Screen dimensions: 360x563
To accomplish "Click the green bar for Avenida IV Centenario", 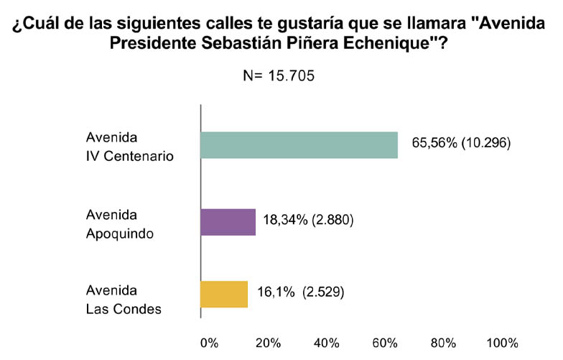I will click(299, 144).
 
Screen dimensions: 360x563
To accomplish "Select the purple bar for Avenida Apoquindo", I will click(228, 222).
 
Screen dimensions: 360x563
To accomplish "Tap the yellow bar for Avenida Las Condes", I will click(224, 293).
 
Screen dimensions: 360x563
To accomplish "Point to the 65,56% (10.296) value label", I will click(460, 143).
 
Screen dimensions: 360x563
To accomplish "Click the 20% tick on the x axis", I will click(267, 342).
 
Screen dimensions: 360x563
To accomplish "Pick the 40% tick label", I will click(326, 342).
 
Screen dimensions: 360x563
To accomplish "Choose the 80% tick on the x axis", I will click(444, 342).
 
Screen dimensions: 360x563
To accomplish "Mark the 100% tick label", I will click(501, 342).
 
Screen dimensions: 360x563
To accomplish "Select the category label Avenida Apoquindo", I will click(118, 222).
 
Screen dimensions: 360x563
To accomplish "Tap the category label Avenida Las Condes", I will click(124, 300).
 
